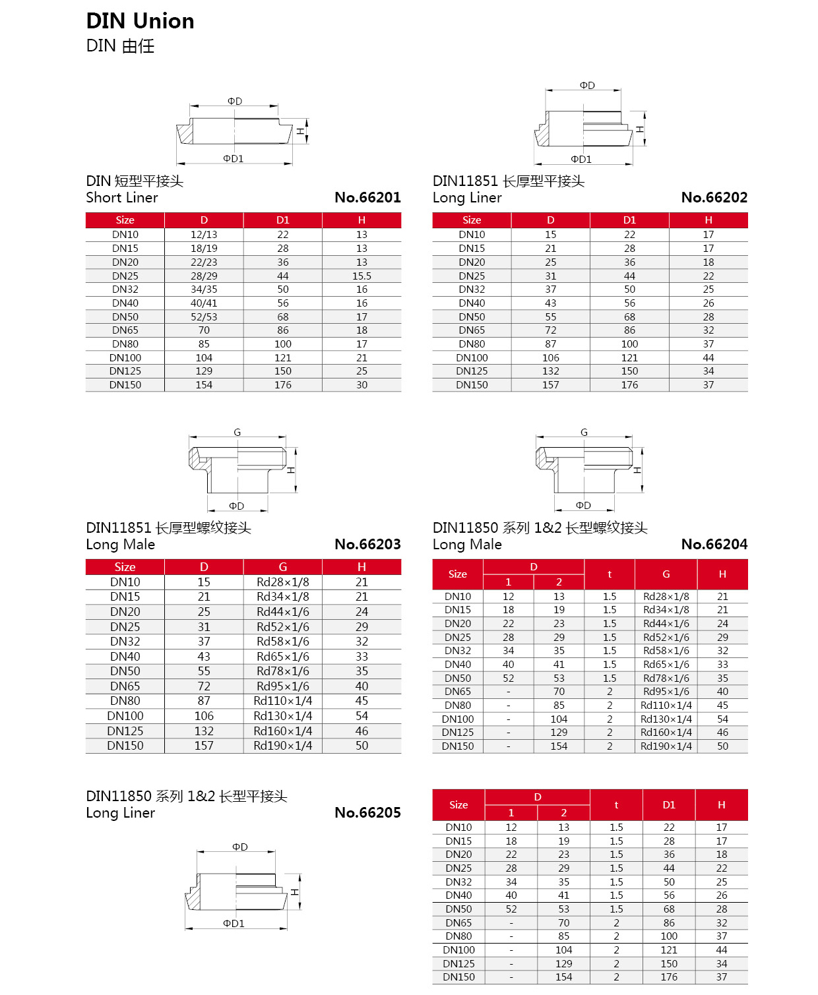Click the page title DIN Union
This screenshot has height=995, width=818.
pos(140,21)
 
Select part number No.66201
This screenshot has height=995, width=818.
pos(367,197)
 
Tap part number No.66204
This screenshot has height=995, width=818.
pos(714,544)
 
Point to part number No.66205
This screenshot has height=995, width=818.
pos(367,812)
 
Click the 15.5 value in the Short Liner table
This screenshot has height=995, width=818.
pos(362,276)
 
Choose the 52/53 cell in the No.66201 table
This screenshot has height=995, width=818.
pos(204,317)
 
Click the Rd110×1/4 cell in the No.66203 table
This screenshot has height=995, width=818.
pos(282,701)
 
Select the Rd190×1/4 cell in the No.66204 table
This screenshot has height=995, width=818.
pos(666,746)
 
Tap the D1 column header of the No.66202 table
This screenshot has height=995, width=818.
pos(629,220)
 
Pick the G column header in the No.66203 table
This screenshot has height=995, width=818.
pos(282,567)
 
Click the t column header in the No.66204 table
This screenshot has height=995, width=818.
pos(610,574)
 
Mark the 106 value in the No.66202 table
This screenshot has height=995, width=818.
pos(550,358)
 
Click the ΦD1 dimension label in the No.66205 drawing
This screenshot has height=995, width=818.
pos(234,924)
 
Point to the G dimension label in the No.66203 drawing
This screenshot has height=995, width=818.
pos(237,433)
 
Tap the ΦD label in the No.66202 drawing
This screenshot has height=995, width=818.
pos(587,86)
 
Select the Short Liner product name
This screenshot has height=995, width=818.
pos(122,198)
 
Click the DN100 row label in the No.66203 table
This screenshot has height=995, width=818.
pos(125,716)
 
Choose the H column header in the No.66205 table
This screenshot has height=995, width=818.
pos(721,804)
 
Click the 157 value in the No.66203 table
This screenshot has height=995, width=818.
pos(204,746)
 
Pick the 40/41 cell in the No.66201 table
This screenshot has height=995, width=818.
pos(204,303)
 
